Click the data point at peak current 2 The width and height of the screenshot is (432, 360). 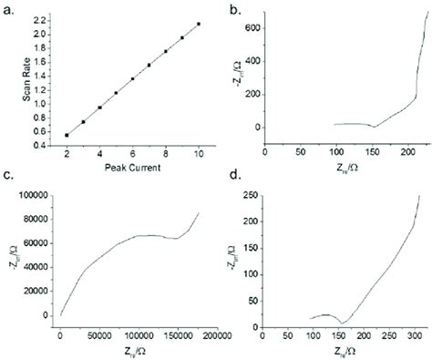tap(67, 135)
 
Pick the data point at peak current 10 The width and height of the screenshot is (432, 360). tap(199, 24)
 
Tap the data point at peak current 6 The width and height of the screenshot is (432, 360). tap(133, 78)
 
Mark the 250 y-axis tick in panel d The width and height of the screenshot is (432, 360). tap(293, 195)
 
